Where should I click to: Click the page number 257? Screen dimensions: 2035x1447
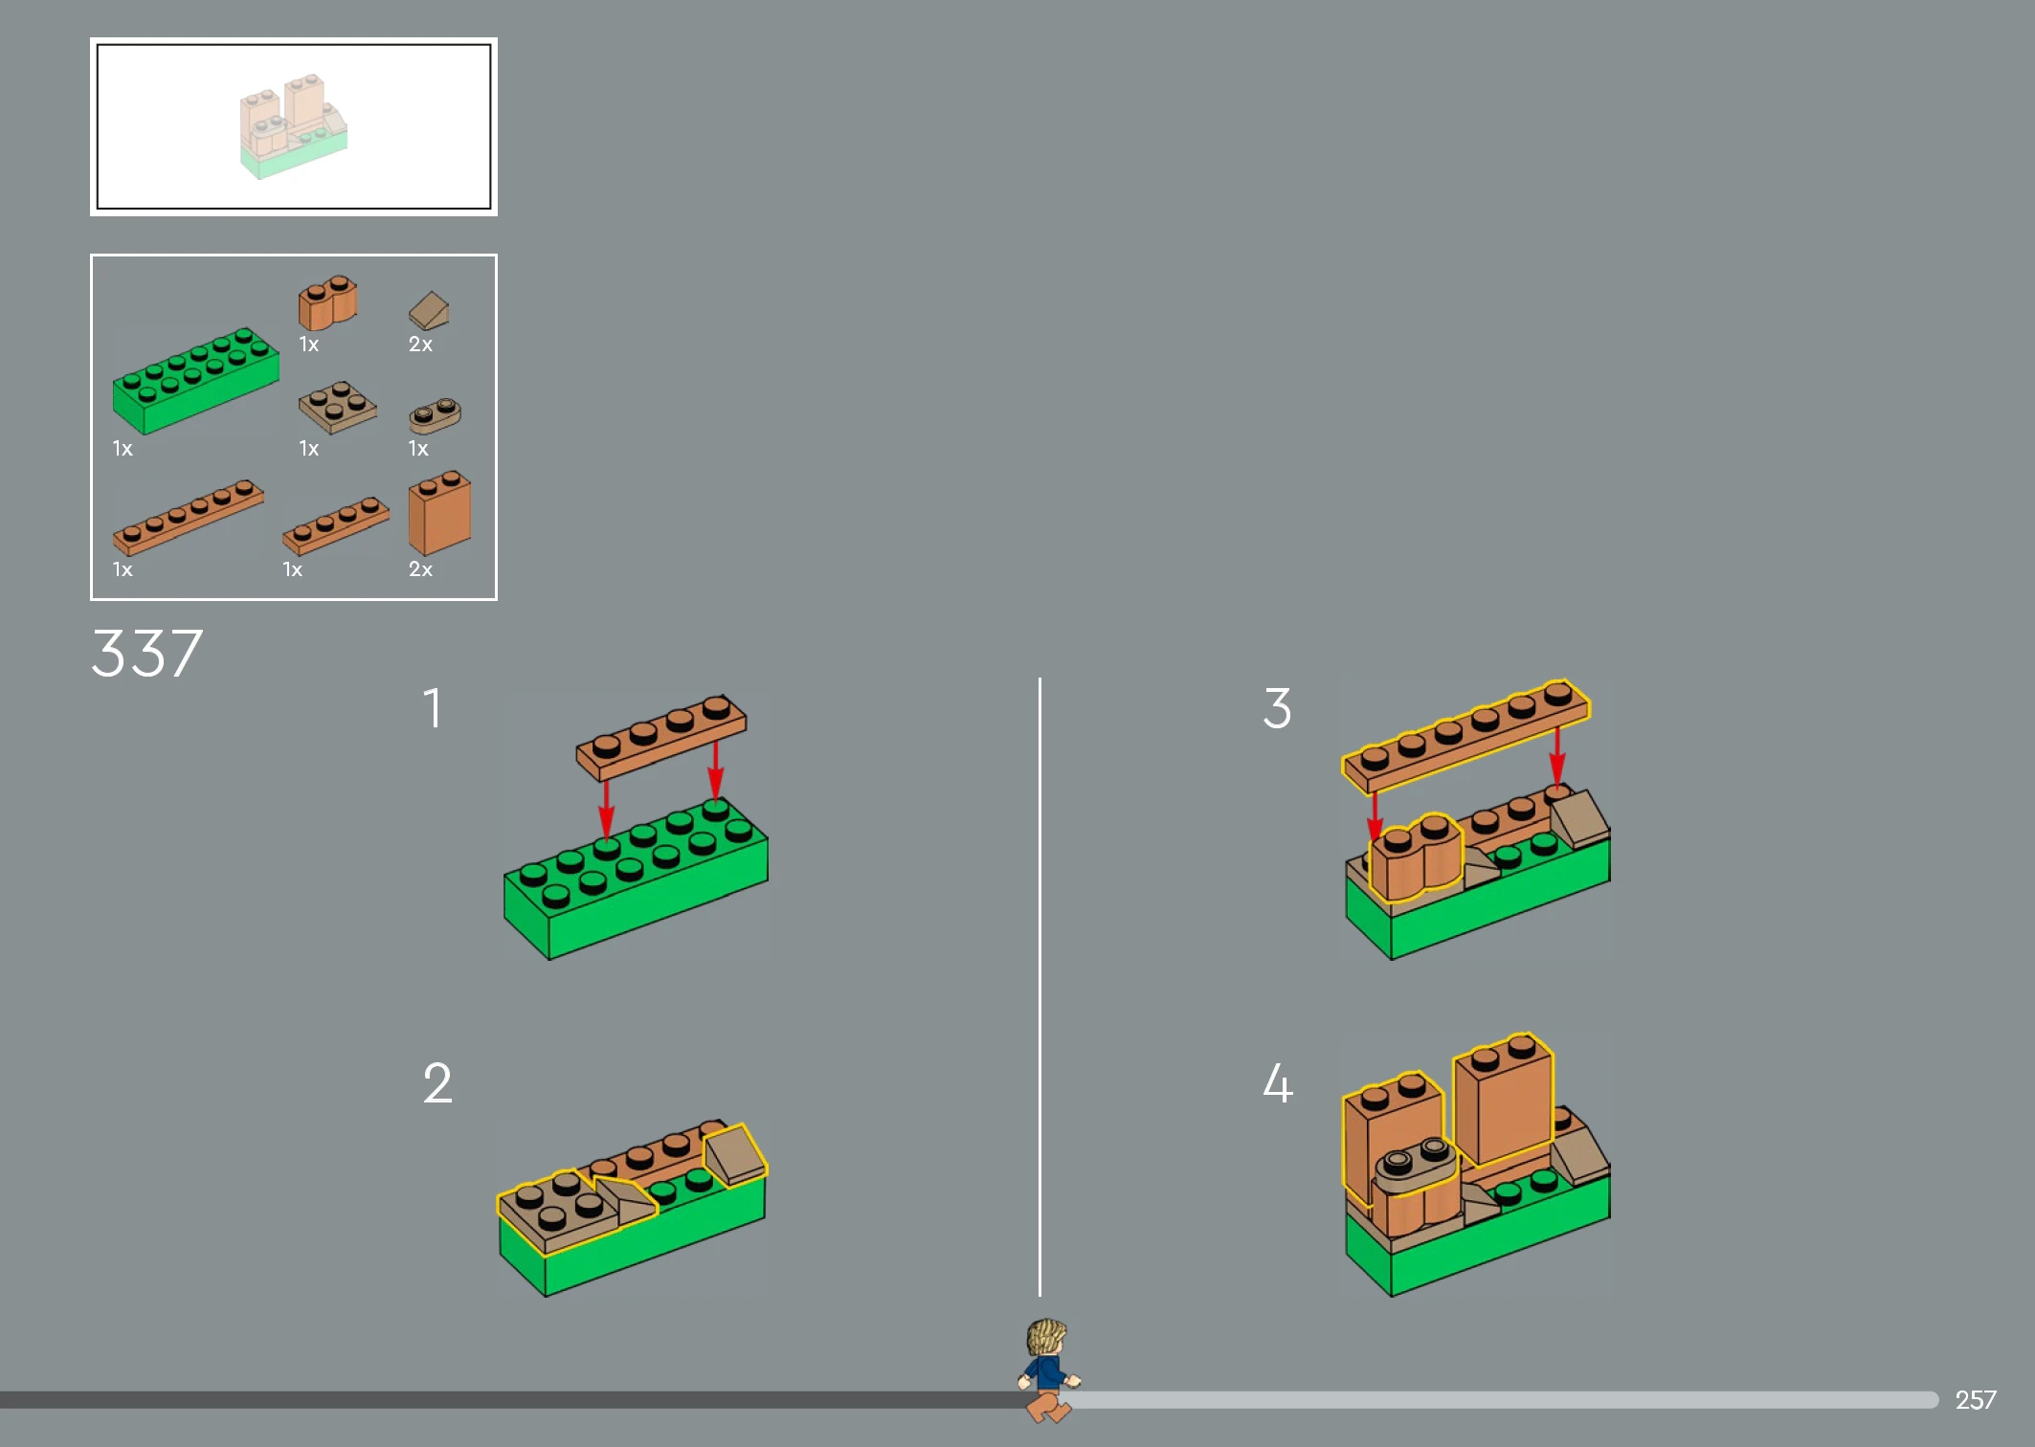pos(1975,1400)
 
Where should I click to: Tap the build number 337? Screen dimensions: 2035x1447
pos(146,654)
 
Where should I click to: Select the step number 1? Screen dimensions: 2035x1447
pos(434,708)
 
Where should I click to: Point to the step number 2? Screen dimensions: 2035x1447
pos(437,1083)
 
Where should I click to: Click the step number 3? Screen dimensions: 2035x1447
pos(1277,708)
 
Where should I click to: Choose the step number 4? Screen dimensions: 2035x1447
pos(1278,1083)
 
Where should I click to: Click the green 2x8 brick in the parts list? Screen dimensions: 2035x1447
pos(195,380)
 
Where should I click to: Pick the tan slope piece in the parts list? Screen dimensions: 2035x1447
pos(429,311)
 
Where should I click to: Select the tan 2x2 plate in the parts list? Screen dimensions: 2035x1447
pos(337,408)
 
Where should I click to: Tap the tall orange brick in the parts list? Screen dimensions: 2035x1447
pos(439,512)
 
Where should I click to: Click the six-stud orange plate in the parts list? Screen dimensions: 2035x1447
pos(188,517)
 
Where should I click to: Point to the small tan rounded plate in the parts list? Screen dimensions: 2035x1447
pos(435,415)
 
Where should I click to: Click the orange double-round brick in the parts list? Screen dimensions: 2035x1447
pos(327,302)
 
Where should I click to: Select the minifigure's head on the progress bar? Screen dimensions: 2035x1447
pos(1046,1337)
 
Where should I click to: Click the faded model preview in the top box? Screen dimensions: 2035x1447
pos(293,125)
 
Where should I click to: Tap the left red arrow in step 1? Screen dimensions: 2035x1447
pos(606,810)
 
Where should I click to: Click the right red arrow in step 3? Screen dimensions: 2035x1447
pos(1557,756)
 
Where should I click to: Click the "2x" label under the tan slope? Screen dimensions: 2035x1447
pos(420,345)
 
